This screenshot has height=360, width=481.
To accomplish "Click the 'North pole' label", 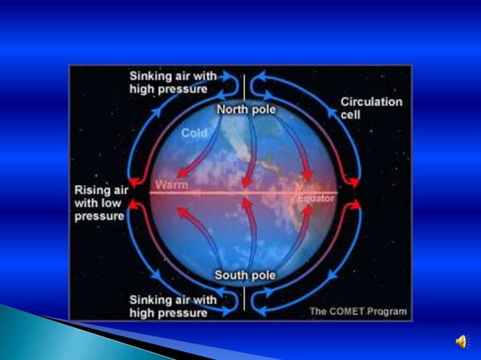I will (246, 110).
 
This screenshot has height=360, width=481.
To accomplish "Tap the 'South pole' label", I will (245, 275).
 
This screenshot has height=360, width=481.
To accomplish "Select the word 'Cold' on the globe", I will (195, 133).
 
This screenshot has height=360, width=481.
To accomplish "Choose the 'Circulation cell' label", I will (371, 108).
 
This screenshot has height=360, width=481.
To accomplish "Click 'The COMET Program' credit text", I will (358, 311).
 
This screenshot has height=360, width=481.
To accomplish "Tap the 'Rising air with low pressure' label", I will (100, 203).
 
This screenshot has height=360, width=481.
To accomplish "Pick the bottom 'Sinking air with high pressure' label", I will (173, 306).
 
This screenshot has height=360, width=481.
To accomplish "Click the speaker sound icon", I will (461, 342).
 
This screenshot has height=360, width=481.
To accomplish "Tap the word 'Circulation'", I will (372, 102).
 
